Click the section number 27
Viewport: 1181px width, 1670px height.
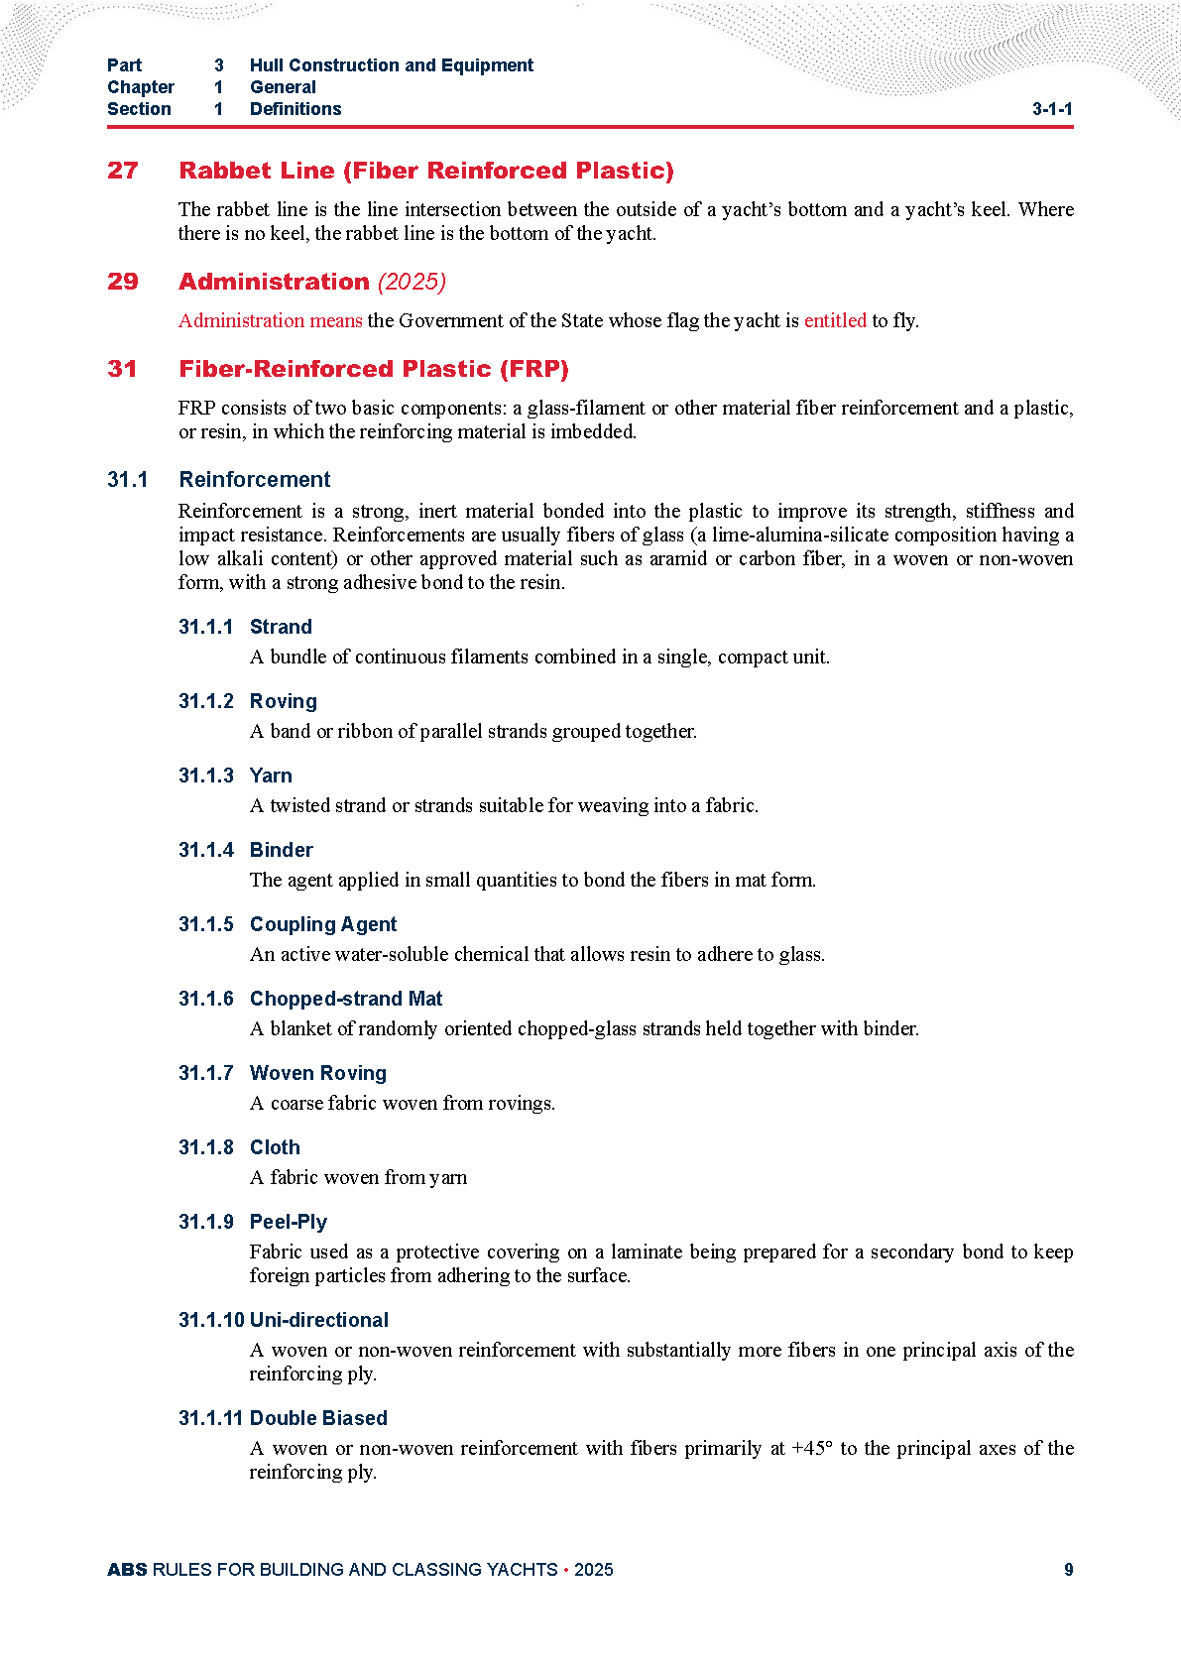pyautogui.click(x=123, y=171)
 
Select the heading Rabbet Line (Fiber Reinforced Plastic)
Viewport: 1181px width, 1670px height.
pyautogui.click(x=425, y=171)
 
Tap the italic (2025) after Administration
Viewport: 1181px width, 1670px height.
pyautogui.click(x=413, y=282)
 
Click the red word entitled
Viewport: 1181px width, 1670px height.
pyautogui.click(x=835, y=320)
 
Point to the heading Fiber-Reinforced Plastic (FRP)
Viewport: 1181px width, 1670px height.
pyautogui.click(x=373, y=369)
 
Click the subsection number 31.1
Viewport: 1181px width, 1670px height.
pyautogui.click(x=128, y=480)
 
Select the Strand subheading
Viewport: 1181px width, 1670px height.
pyautogui.click(x=281, y=627)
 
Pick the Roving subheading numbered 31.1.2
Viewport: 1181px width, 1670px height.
pyautogui.click(x=283, y=701)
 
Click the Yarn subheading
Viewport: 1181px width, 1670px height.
pyautogui.click(x=271, y=775)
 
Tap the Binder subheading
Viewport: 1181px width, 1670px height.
pyautogui.click(x=281, y=850)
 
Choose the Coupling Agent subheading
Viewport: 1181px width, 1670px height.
pyautogui.click(x=322, y=924)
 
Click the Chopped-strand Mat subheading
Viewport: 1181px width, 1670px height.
pyautogui.click(x=345, y=999)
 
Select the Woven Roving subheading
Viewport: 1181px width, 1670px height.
pyautogui.click(x=317, y=1073)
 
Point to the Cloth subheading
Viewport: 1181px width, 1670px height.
pyautogui.click(x=275, y=1147)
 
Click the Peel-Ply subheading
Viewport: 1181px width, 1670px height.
pyautogui.click(x=288, y=1222)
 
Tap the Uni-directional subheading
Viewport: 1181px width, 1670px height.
pyautogui.click(x=318, y=1320)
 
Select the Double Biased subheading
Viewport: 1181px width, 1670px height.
pyautogui.click(x=318, y=1418)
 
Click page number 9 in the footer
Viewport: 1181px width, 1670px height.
pyautogui.click(x=1068, y=1570)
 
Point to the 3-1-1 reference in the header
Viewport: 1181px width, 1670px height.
pyautogui.click(x=1052, y=109)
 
